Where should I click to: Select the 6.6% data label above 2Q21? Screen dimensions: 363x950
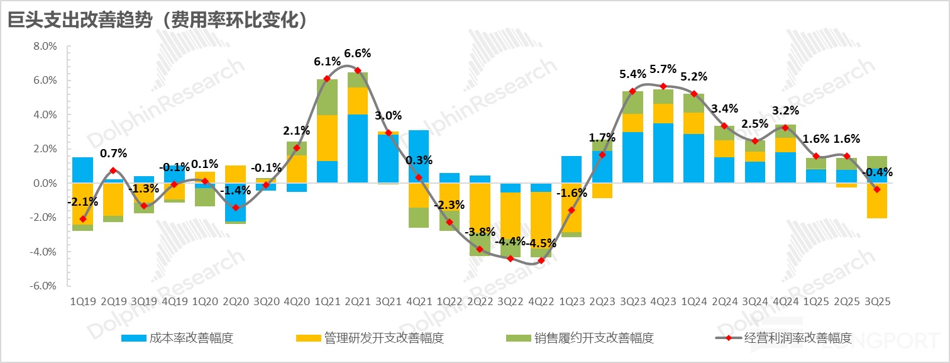tap(358, 53)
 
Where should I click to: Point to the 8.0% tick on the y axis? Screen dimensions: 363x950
tap(45, 47)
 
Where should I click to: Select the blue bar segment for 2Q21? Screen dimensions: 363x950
tap(358, 148)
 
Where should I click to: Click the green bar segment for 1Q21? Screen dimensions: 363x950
tap(327, 97)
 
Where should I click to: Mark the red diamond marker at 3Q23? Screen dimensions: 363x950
tap(632, 91)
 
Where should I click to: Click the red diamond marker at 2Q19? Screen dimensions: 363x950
tap(113, 170)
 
